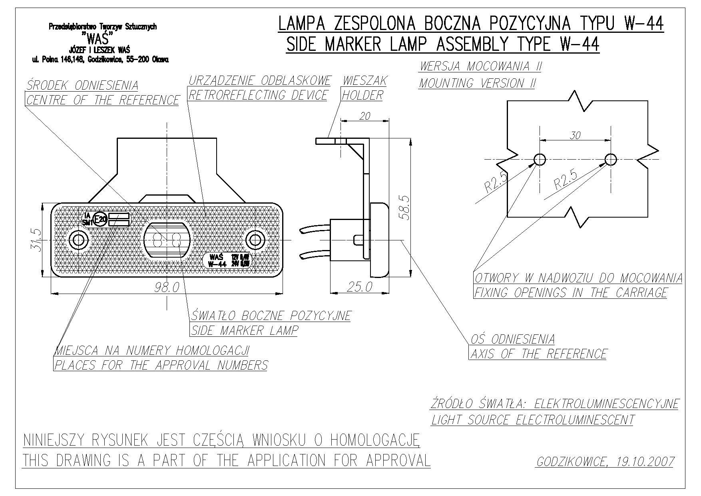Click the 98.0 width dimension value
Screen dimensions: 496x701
[167, 287]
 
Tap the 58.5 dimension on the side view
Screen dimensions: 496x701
[404, 207]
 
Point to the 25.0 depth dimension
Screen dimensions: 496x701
[359, 287]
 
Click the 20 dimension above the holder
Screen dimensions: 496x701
[365, 116]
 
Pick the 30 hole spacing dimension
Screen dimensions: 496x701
[575, 136]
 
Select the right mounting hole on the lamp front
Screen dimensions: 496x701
[255, 240]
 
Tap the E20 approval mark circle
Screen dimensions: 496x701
[100, 219]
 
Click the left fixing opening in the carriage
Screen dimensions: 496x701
[540, 159]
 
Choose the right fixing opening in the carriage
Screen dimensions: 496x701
[611, 159]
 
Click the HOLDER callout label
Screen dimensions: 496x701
[362, 95]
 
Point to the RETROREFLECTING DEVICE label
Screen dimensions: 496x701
[258, 95]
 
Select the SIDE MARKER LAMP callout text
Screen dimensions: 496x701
[244, 330]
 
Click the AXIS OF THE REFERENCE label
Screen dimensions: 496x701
[538, 354]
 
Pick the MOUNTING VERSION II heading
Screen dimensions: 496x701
[477, 83]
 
